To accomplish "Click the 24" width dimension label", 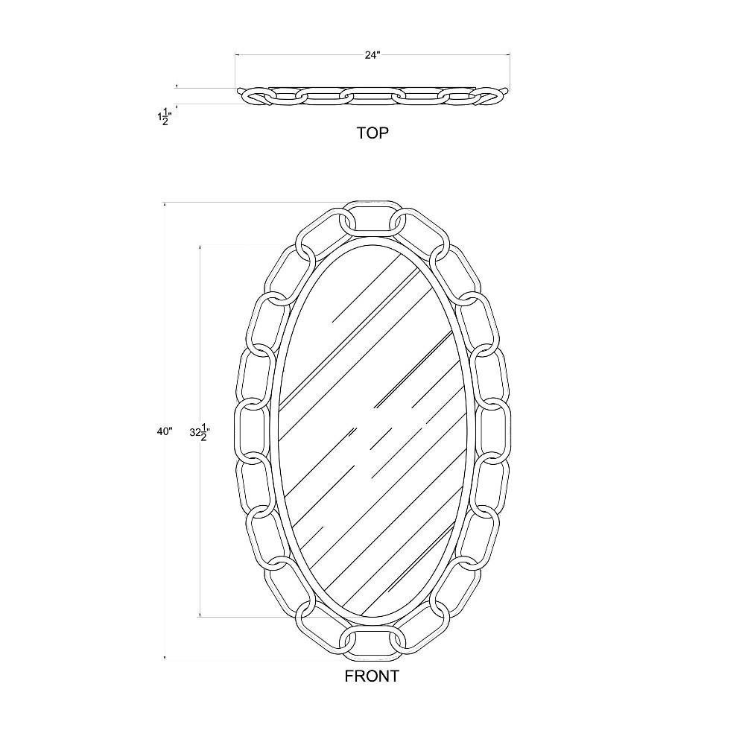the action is (x=373, y=55).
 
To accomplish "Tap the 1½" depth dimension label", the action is (x=165, y=116).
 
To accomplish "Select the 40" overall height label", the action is (x=165, y=431).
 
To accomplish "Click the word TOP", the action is (x=373, y=133).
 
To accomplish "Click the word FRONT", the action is (x=372, y=676).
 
